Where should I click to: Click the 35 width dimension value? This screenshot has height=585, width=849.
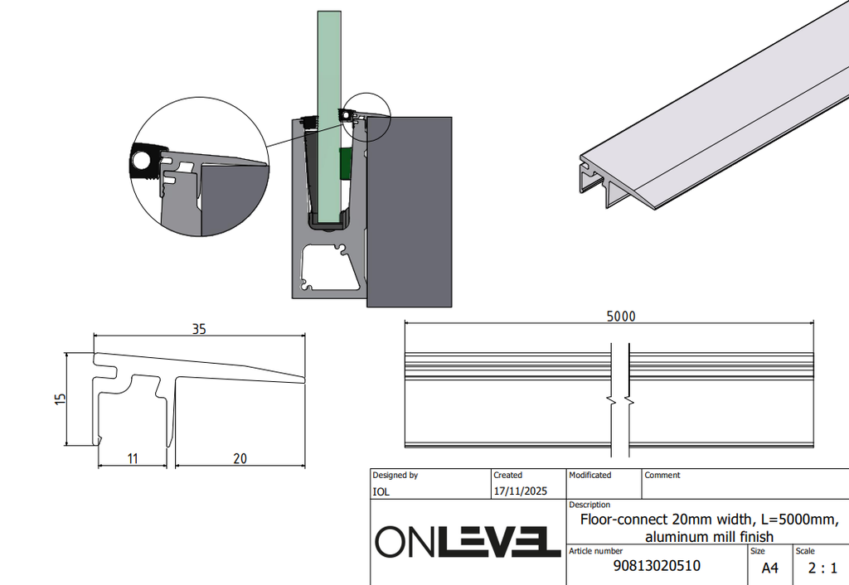199,329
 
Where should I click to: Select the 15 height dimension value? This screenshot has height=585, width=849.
60,399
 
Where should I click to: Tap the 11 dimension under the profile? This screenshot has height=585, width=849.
133,459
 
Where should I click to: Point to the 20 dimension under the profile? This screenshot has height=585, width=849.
240,459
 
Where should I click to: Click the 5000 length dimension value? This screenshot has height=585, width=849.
621,317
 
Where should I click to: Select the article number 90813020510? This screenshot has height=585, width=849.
657,566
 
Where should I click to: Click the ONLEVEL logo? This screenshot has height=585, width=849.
468,541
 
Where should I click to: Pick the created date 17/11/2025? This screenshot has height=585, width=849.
521,491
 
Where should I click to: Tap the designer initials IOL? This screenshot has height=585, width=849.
381,492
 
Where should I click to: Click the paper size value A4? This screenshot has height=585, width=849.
770,568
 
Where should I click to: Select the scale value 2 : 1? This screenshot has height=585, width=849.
822,568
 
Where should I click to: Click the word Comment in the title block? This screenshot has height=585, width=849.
662,475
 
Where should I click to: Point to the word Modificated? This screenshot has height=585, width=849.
590,475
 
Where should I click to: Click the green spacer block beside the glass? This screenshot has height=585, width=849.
346,163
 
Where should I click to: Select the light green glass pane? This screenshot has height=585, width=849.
329,116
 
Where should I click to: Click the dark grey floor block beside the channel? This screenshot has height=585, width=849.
410,211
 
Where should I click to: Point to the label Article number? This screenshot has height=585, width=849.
595,551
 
